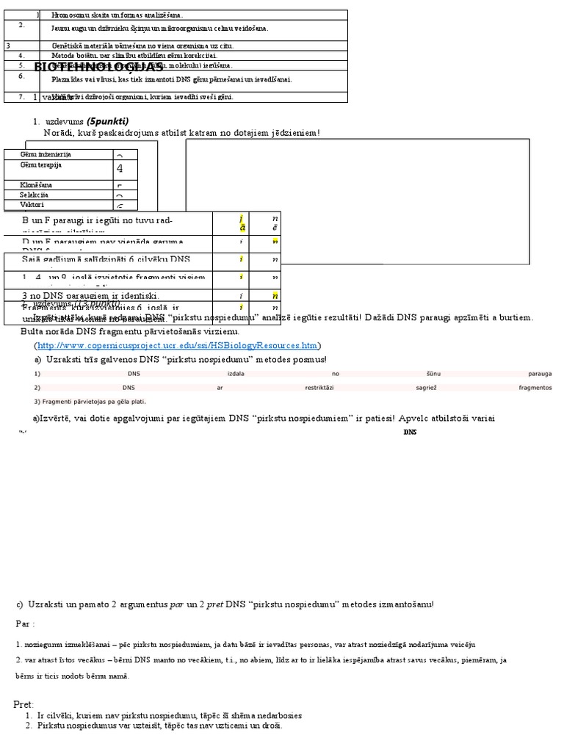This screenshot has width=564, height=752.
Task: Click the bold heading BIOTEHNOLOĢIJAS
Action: click(x=98, y=68)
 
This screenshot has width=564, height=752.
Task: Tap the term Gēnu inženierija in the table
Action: click(x=46, y=155)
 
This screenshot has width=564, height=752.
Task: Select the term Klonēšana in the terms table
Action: click(x=36, y=185)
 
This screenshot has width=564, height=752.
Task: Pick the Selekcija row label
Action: click(x=35, y=195)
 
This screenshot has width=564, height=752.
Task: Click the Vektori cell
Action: click(x=32, y=206)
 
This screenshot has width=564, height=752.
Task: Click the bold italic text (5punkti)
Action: click(x=108, y=121)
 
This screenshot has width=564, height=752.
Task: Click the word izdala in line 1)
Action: click(x=236, y=374)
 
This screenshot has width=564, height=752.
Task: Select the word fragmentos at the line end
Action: click(x=535, y=388)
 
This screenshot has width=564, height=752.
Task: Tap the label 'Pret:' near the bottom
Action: click(x=24, y=704)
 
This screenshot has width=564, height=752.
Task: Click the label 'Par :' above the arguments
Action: click(x=25, y=623)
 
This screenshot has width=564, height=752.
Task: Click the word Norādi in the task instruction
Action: click(x=59, y=133)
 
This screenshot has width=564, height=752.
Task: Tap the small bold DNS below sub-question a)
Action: click(x=410, y=433)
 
